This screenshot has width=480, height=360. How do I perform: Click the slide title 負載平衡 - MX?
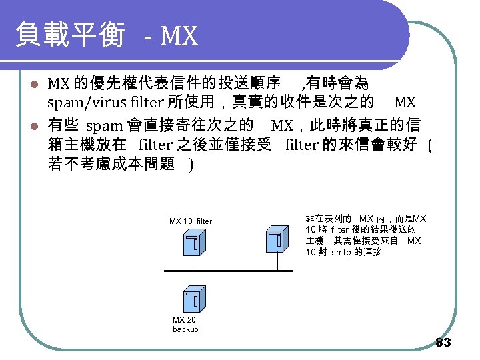tap(107, 35)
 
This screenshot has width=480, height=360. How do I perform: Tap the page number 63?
tap(443, 343)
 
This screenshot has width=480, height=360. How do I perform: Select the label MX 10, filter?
tap(191, 221)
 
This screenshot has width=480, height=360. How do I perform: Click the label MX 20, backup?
tap(185, 325)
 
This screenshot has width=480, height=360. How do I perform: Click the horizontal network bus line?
tap(227, 271)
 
